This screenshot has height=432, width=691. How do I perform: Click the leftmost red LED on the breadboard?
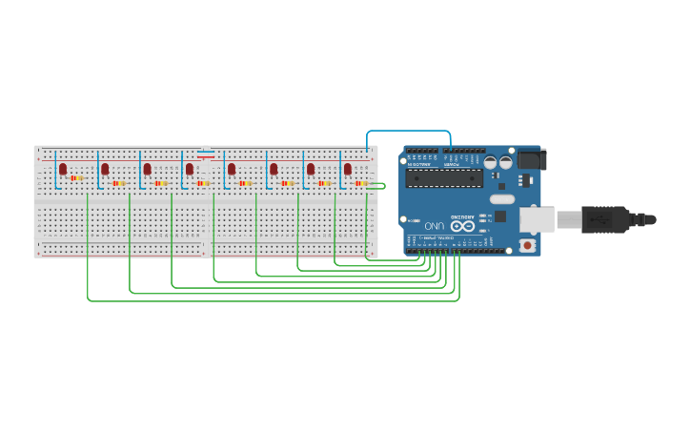[63, 169]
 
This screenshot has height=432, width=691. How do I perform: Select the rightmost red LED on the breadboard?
[348, 169]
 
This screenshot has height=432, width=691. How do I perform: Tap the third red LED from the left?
[147, 169]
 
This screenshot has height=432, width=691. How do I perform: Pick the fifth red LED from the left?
[232, 169]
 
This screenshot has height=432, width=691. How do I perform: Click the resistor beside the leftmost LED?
[76, 178]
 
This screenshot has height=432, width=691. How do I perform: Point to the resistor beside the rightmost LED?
[361, 183]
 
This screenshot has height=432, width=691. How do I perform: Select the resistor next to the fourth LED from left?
[203, 183]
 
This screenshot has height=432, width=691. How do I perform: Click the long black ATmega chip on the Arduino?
[444, 178]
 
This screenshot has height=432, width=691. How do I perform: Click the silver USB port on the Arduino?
[537, 220]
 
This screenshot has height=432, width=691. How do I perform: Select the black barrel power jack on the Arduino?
[530, 159]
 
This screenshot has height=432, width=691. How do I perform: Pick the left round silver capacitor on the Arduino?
[490, 163]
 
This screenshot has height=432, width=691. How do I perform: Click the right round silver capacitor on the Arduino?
[505, 163]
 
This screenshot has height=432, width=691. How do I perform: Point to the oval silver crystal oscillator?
[501, 199]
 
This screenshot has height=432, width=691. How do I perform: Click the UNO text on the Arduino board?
[435, 226]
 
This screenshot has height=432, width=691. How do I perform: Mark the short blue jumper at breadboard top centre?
[206, 150]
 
